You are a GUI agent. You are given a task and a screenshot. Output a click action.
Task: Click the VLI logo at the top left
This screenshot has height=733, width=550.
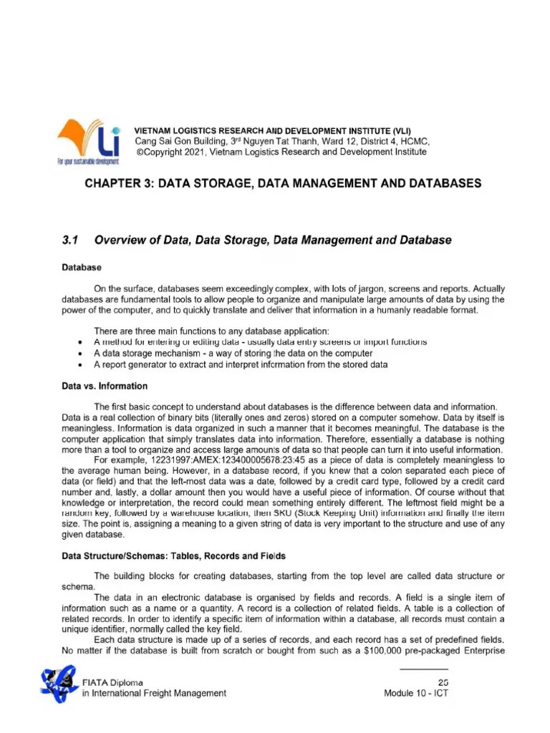90,141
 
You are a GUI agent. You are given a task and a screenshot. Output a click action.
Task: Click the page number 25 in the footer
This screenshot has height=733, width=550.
442,681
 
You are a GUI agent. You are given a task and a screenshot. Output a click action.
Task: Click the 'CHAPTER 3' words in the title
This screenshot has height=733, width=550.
117,184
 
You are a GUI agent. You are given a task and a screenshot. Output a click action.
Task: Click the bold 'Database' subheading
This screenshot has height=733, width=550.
81,267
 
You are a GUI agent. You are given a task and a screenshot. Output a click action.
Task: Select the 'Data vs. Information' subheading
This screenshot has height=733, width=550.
105,387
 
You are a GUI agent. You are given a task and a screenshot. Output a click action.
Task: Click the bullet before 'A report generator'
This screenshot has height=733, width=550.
77,364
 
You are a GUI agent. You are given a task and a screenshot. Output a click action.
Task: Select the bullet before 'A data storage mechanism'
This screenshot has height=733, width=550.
77,353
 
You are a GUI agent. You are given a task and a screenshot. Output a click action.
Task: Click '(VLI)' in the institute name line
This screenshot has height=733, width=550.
401,130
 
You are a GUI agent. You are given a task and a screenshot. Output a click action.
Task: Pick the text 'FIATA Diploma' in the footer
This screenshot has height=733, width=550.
107,681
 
